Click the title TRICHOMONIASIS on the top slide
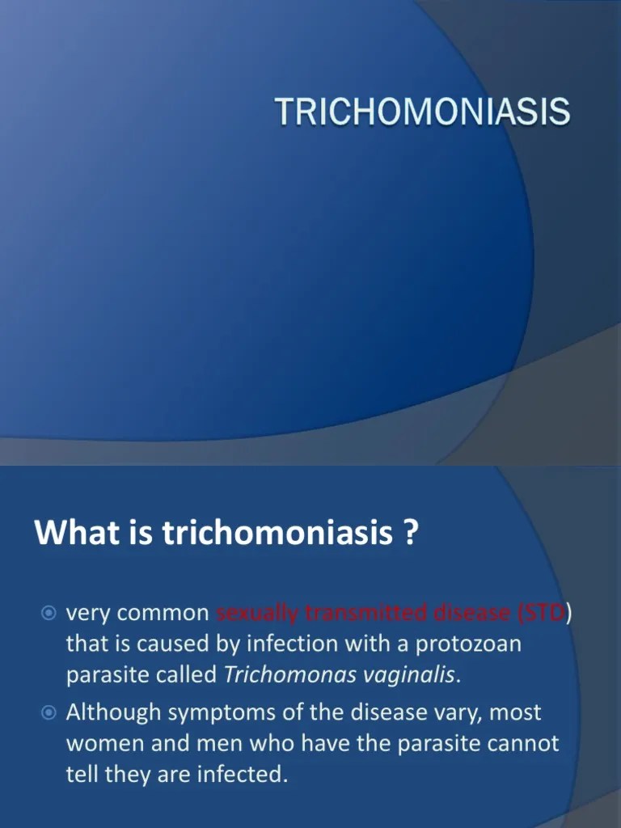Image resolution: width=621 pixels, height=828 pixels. coord(423,112)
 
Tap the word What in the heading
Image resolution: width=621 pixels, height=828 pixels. coord(69,533)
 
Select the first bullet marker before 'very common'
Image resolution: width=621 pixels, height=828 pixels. coord(49,615)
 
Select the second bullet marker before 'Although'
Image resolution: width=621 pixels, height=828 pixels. coord(49,713)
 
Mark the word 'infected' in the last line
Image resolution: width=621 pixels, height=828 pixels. coord(239,775)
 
